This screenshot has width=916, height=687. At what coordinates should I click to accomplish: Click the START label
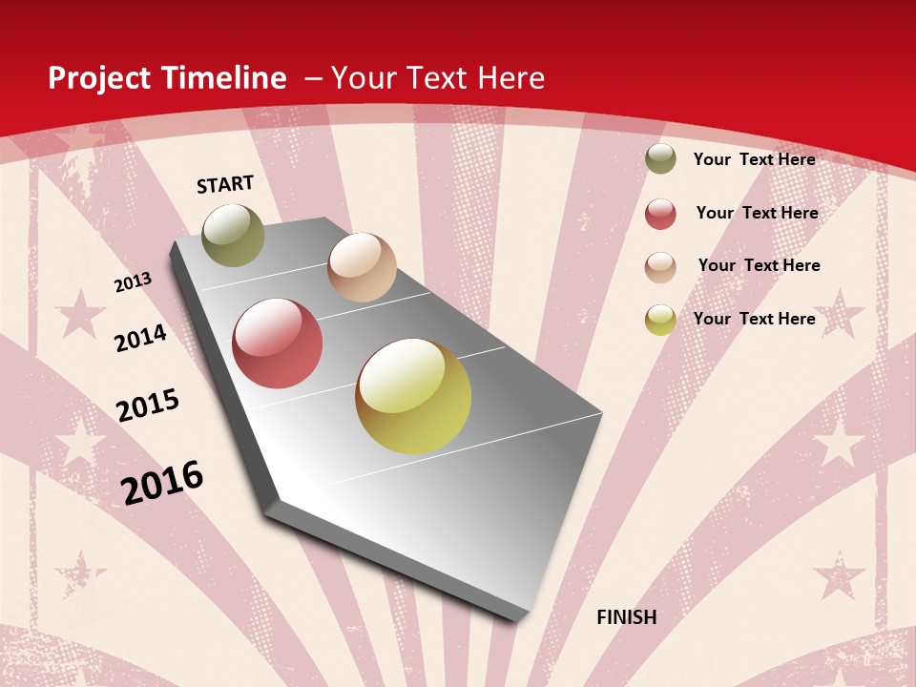pyautogui.click(x=225, y=184)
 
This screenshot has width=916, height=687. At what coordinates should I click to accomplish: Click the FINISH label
pyautogui.click(x=626, y=617)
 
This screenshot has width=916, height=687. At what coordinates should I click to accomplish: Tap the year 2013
pyautogui.click(x=133, y=282)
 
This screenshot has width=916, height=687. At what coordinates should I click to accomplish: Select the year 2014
pyautogui.click(x=140, y=338)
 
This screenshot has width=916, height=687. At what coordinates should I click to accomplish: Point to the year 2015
pyautogui.click(x=148, y=405)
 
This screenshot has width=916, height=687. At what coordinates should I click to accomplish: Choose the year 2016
pyautogui.click(x=162, y=482)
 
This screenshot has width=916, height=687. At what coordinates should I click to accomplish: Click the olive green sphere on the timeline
pyautogui.click(x=233, y=236)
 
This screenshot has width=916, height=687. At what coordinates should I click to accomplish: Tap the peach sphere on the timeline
pyautogui.click(x=362, y=267)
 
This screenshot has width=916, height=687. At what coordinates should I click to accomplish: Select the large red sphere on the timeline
pyautogui.click(x=278, y=343)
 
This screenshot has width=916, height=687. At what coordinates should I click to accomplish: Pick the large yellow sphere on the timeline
pyautogui.click(x=413, y=396)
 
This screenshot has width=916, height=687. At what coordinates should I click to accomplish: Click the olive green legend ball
pyautogui.click(x=660, y=159)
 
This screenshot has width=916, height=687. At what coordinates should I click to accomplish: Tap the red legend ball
pyautogui.click(x=660, y=214)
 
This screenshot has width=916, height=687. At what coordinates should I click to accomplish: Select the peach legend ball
pyautogui.click(x=660, y=266)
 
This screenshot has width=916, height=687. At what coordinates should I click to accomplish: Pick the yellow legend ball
pyautogui.click(x=660, y=320)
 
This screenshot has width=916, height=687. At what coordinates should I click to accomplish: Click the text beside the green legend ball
pyautogui.click(x=754, y=159)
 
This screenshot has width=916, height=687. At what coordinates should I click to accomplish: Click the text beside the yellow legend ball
pyautogui.click(x=754, y=319)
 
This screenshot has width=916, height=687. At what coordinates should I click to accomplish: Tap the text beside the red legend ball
pyautogui.click(x=757, y=213)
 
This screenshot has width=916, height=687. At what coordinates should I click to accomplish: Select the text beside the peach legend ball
pyautogui.click(x=759, y=265)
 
